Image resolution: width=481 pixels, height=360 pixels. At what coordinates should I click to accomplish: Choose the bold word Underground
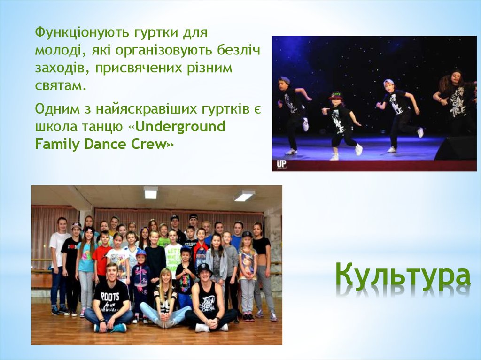(181, 126)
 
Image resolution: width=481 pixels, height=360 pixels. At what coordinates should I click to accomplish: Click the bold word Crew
(150, 144)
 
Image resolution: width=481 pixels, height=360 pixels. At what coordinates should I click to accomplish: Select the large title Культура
(403, 276)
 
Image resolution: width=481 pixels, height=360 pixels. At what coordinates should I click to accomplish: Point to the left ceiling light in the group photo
(150, 192)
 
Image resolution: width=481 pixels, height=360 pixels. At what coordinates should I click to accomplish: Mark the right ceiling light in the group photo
(244, 195)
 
